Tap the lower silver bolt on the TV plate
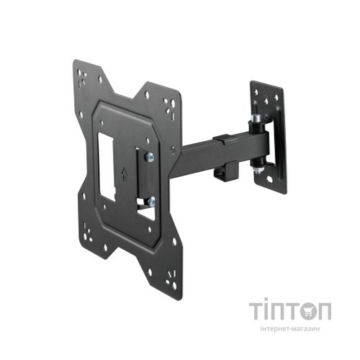click(149, 202)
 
